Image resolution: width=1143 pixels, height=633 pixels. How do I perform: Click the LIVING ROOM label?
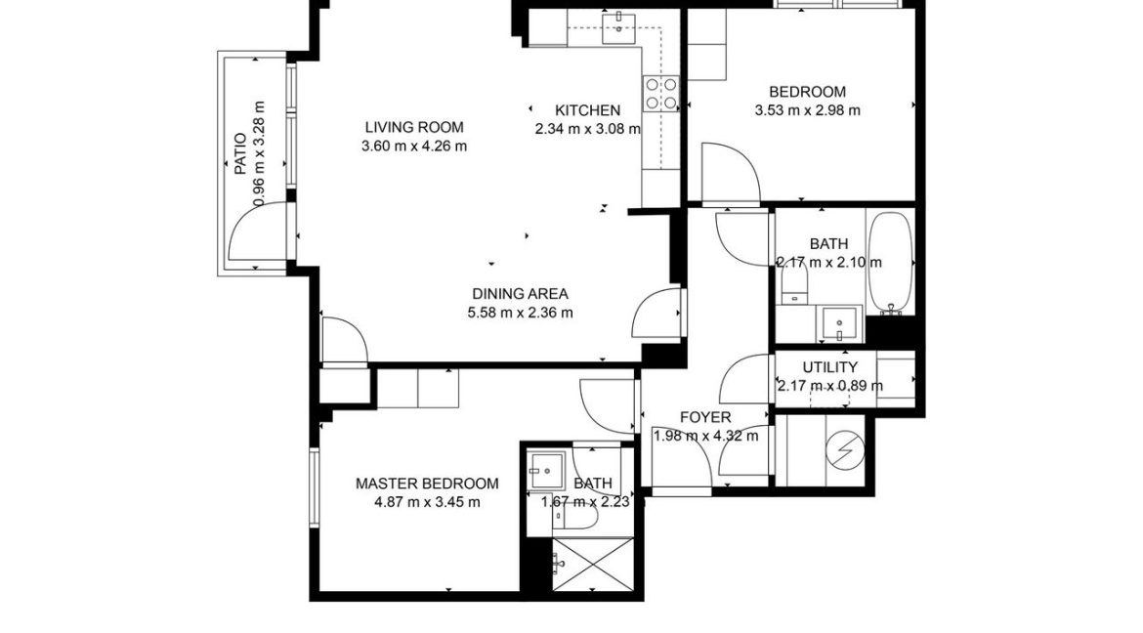click(x=413, y=127)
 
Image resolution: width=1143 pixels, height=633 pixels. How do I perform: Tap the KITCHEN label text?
click(x=587, y=110)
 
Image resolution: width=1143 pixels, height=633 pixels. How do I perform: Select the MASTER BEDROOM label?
click(x=427, y=484)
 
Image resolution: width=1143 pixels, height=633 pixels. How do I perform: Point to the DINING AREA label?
click(x=520, y=294)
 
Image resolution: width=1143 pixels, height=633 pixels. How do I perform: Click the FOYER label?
click(x=705, y=418)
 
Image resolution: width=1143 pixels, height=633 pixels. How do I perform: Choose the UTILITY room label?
click(x=829, y=367)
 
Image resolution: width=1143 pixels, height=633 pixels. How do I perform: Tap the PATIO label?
click(x=240, y=154)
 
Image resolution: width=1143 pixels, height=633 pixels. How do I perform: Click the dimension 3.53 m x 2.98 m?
click(x=807, y=110)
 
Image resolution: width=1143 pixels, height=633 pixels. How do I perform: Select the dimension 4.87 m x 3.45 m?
click(x=427, y=502)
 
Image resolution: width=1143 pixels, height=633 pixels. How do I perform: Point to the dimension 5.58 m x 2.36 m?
click(x=520, y=313)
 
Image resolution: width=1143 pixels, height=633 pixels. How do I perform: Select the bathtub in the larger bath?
click(x=890, y=261)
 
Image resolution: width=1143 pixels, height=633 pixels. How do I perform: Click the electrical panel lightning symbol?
click(x=841, y=449)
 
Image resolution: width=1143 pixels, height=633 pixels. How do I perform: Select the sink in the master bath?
click(x=546, y=471)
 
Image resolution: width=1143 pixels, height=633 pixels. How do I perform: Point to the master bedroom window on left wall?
click(x=314, y=488)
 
